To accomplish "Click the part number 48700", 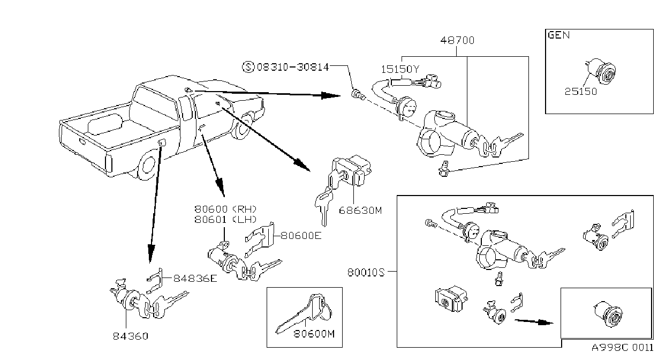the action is tap(457, 40).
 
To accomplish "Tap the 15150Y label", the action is tap(400, 69).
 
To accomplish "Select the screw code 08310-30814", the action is tap(293, 67).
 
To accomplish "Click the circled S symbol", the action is tap(248, 67).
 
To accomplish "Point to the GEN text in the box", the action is tap(559, 35).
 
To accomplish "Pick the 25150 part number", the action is tap(581, 92).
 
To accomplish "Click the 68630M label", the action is tap(360, 211).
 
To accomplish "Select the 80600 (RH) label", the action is tap(225, 209).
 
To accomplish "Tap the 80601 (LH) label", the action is tap(225, 220).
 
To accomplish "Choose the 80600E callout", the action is tap(301, 236).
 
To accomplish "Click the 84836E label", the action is tap(195, 278).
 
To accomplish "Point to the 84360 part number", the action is tap(131, 336).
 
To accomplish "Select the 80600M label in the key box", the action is tap(314, 334).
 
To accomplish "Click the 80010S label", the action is tap(366, 273).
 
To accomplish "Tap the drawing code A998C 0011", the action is tap(623, 348).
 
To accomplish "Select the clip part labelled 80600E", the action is tap(260, 239).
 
